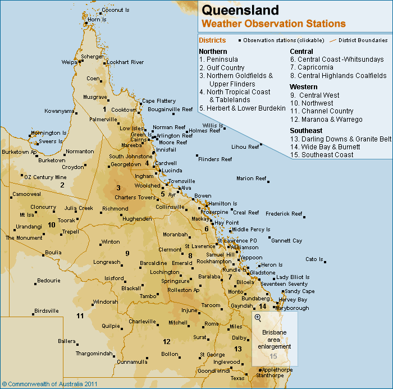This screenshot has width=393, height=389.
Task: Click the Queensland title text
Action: [x=240, y=10]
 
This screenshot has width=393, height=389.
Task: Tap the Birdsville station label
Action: [x=46, y=311]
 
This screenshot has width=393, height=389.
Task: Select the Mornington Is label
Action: [x=48, y=133]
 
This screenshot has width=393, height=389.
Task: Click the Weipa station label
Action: [x=69, y=62]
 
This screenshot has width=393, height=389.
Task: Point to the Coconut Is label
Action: [x=116, y=10]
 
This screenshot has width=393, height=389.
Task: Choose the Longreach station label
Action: [x=107, y=262]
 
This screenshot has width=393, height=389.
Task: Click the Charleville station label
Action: [x=142, y=322]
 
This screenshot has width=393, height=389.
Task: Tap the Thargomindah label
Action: [x=94, y=354]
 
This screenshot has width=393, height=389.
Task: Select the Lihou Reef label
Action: [x=245, y=147]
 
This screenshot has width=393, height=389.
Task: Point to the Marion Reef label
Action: [x=251, y=179]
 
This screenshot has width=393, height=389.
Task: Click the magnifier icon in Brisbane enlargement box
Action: [x=258, y=318]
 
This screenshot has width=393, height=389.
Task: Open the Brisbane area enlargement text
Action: [x=275, y=340]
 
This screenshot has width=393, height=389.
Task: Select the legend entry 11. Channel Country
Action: [x=322, y=111]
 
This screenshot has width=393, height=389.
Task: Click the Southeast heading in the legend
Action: [x=306, y=130]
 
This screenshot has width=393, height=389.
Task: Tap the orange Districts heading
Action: [x=212, y=40]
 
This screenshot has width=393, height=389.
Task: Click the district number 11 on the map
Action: [x=80, y=316]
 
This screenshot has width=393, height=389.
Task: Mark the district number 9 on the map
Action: [x=127, y=253]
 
